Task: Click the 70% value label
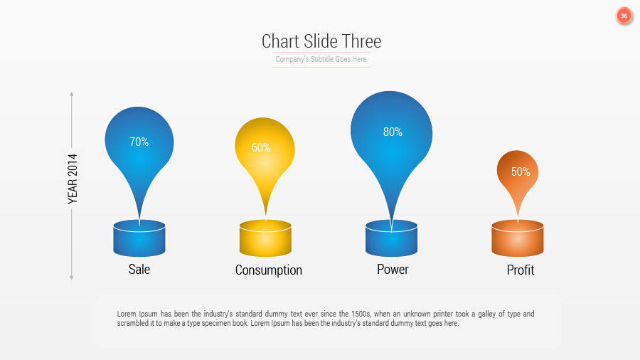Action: [x=139, y=142]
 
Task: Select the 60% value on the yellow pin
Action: [x=261, y=148]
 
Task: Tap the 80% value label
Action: [x=393, y=132]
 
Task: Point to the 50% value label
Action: [x=521, y=171]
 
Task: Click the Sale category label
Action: [x=139, y=269]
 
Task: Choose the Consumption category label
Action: [x=268, y=270]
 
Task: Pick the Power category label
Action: [x=393, y=269]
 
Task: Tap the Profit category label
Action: [x=521, y=270]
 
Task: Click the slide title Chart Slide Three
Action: [x=321, y=41]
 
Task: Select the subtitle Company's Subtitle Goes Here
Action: [x=321, y=60]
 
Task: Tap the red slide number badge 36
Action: [x=624, y=16]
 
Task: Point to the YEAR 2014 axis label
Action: [x=73, y=179]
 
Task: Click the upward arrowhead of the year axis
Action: [x=72, y=94]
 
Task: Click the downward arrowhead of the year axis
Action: [x=72, y=277]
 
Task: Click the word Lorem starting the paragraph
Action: [x=126, y=314]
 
